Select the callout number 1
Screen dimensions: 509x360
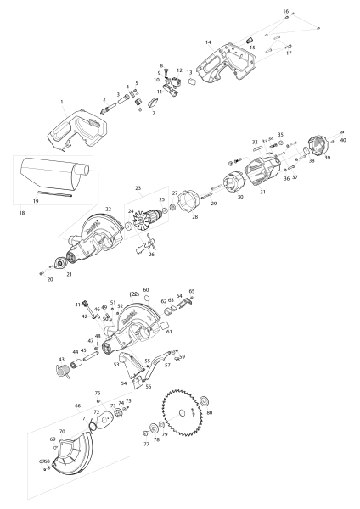pyautogui.click(x=62, y=102)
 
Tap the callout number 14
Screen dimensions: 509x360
pyautogui.click(x=207, y=42)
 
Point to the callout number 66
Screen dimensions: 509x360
pyautogui.click(x=77, y=406)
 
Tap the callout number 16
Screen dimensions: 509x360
pyautogui.click(x=285, y=11)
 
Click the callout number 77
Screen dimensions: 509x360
pyautogui.click(x=146, y=444)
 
